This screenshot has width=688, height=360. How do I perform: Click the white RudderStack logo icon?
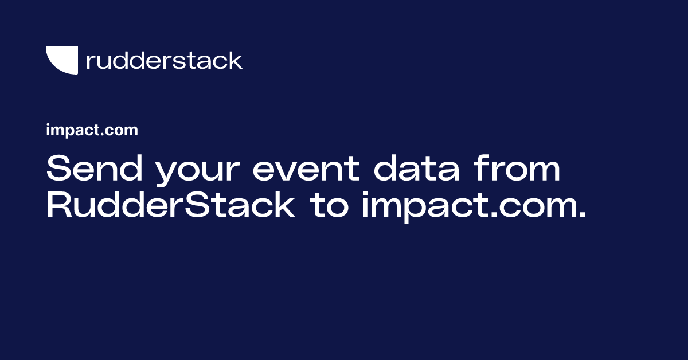point(61,60)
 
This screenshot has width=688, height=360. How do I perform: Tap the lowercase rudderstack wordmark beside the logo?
point(164,60)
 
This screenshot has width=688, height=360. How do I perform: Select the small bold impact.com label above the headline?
point(92,131)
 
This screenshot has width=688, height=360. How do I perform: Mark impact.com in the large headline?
point(466,206)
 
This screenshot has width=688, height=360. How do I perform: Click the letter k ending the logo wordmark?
point(236,60)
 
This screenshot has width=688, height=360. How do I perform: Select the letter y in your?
point(167,175)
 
